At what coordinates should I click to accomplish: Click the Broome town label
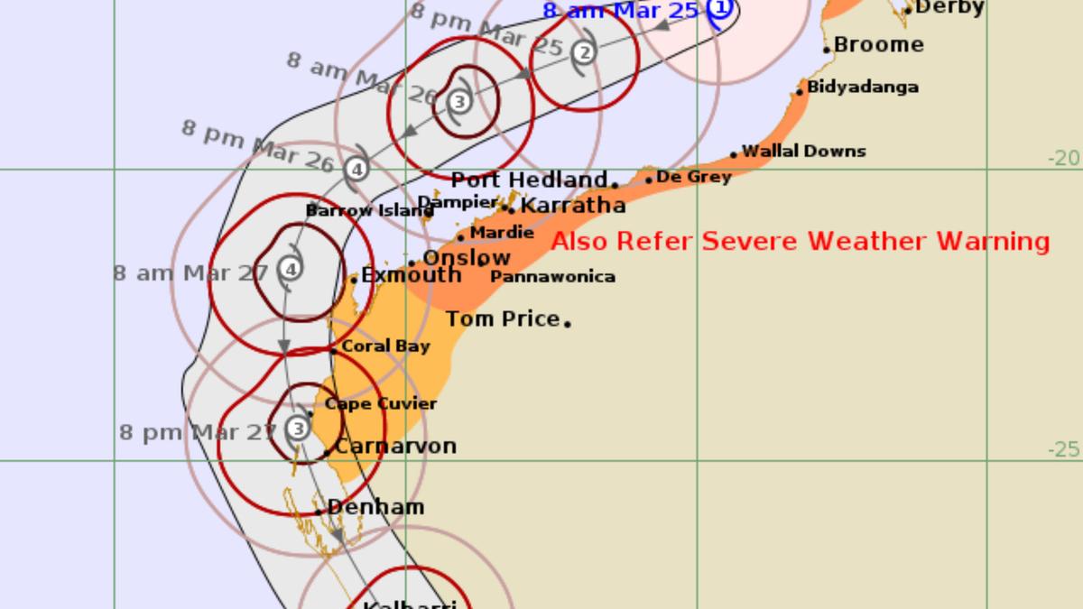[x=878, y=45]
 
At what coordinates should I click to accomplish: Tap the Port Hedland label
[x=529, y=180]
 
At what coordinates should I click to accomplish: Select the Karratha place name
[x=573, y=206]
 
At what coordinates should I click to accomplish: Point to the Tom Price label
[x=503, y=318]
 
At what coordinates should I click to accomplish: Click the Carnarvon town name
[x=395, y=447]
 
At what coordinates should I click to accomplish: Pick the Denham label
[x=375, y=507]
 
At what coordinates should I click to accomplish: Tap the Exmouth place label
[x=411, y=276]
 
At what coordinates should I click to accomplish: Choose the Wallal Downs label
[x=803, y=152]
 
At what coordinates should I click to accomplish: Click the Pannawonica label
[x=552, y=277]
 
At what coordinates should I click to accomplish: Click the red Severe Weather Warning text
[x=801, y=242]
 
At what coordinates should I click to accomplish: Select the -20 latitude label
[x=1063, y=159]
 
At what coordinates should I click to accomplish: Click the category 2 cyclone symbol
[x=585, y=52]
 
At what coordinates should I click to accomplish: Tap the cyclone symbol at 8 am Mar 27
[x=291, y=268]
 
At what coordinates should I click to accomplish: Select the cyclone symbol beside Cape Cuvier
[x=299, y=427]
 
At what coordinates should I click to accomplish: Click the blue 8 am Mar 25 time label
[x=620, y=12]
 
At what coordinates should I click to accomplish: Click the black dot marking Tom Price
[x=568, y=322]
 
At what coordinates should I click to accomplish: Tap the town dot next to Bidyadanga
[x=800, y=92]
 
